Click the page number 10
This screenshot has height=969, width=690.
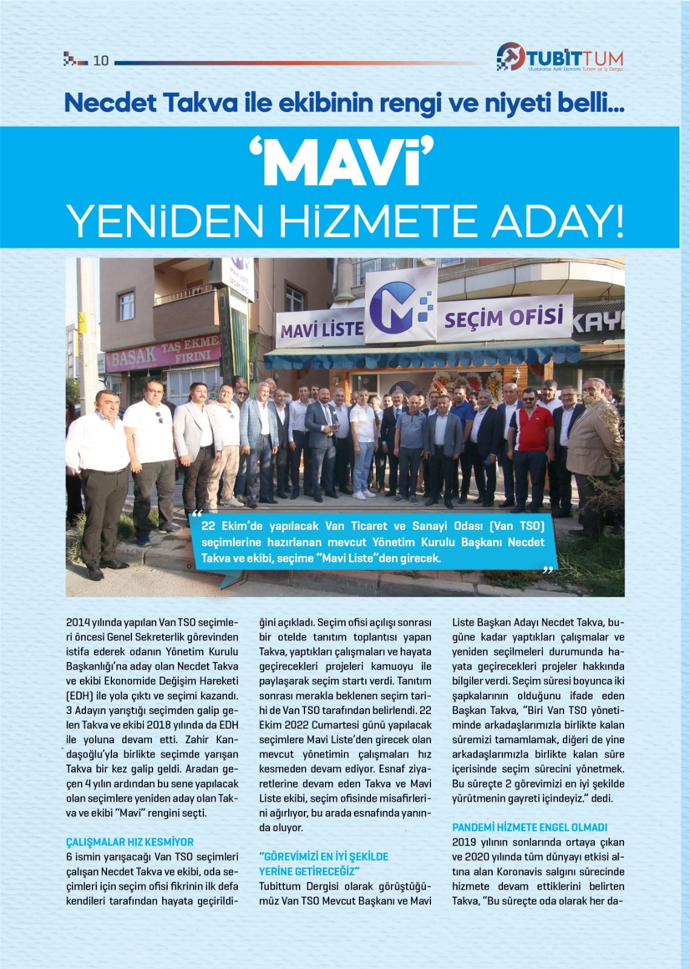pos(100,61)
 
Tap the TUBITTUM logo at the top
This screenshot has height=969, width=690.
pos(560,58)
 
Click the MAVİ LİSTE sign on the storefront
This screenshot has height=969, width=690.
pos(321,329)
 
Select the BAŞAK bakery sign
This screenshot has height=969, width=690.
pos(133,359)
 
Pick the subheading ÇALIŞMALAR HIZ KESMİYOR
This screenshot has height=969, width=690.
pos(130,842)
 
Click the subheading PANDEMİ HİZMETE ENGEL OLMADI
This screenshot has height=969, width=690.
pos(530,827)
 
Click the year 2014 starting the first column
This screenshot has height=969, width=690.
pos(78,623)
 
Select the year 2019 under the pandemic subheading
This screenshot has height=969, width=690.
pos(464,842)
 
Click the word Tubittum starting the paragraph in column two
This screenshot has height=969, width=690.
pos(280,886)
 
